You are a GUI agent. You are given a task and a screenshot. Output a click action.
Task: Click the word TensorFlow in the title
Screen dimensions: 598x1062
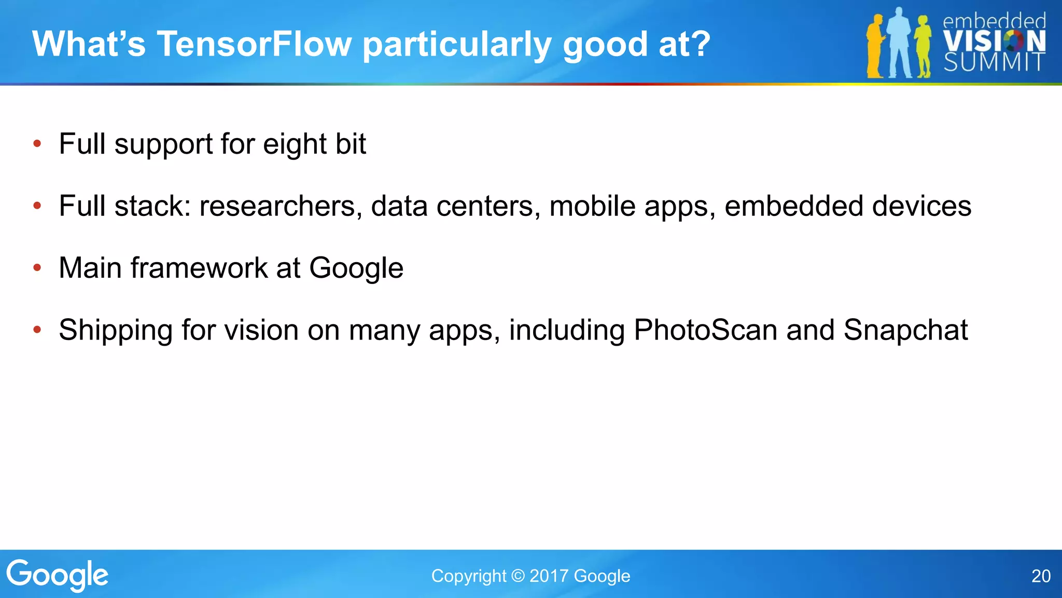pyautogui.click(x=254, y=44)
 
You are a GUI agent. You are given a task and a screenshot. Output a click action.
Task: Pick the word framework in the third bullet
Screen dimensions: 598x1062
pyautogui.click(x=199, y=268)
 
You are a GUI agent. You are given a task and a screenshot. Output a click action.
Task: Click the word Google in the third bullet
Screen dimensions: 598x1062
pyautogui.click(x=356, y=268)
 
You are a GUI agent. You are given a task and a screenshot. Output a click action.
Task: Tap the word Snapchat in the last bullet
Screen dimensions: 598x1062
pyautogui.click(x=905, y=330)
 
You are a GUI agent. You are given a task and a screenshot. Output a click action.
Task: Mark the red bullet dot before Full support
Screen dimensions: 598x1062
pyautogui.click(x=37, y=144)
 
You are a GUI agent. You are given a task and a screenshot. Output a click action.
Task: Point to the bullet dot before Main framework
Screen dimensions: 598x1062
pyautogui.click(x=37, y=268)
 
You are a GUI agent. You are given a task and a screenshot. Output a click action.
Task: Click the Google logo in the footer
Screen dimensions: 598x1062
pyautogui.click(x=57, y=575)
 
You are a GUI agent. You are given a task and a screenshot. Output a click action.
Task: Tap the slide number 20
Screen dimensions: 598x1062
pyautogui.click(x=1041, y=576)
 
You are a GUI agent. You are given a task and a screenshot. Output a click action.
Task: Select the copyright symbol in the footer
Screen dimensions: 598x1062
pyautogui.click(x=518, y=576)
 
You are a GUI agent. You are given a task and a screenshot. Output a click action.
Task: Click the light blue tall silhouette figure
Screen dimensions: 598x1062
pyautogui.click(x=899, y=44)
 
